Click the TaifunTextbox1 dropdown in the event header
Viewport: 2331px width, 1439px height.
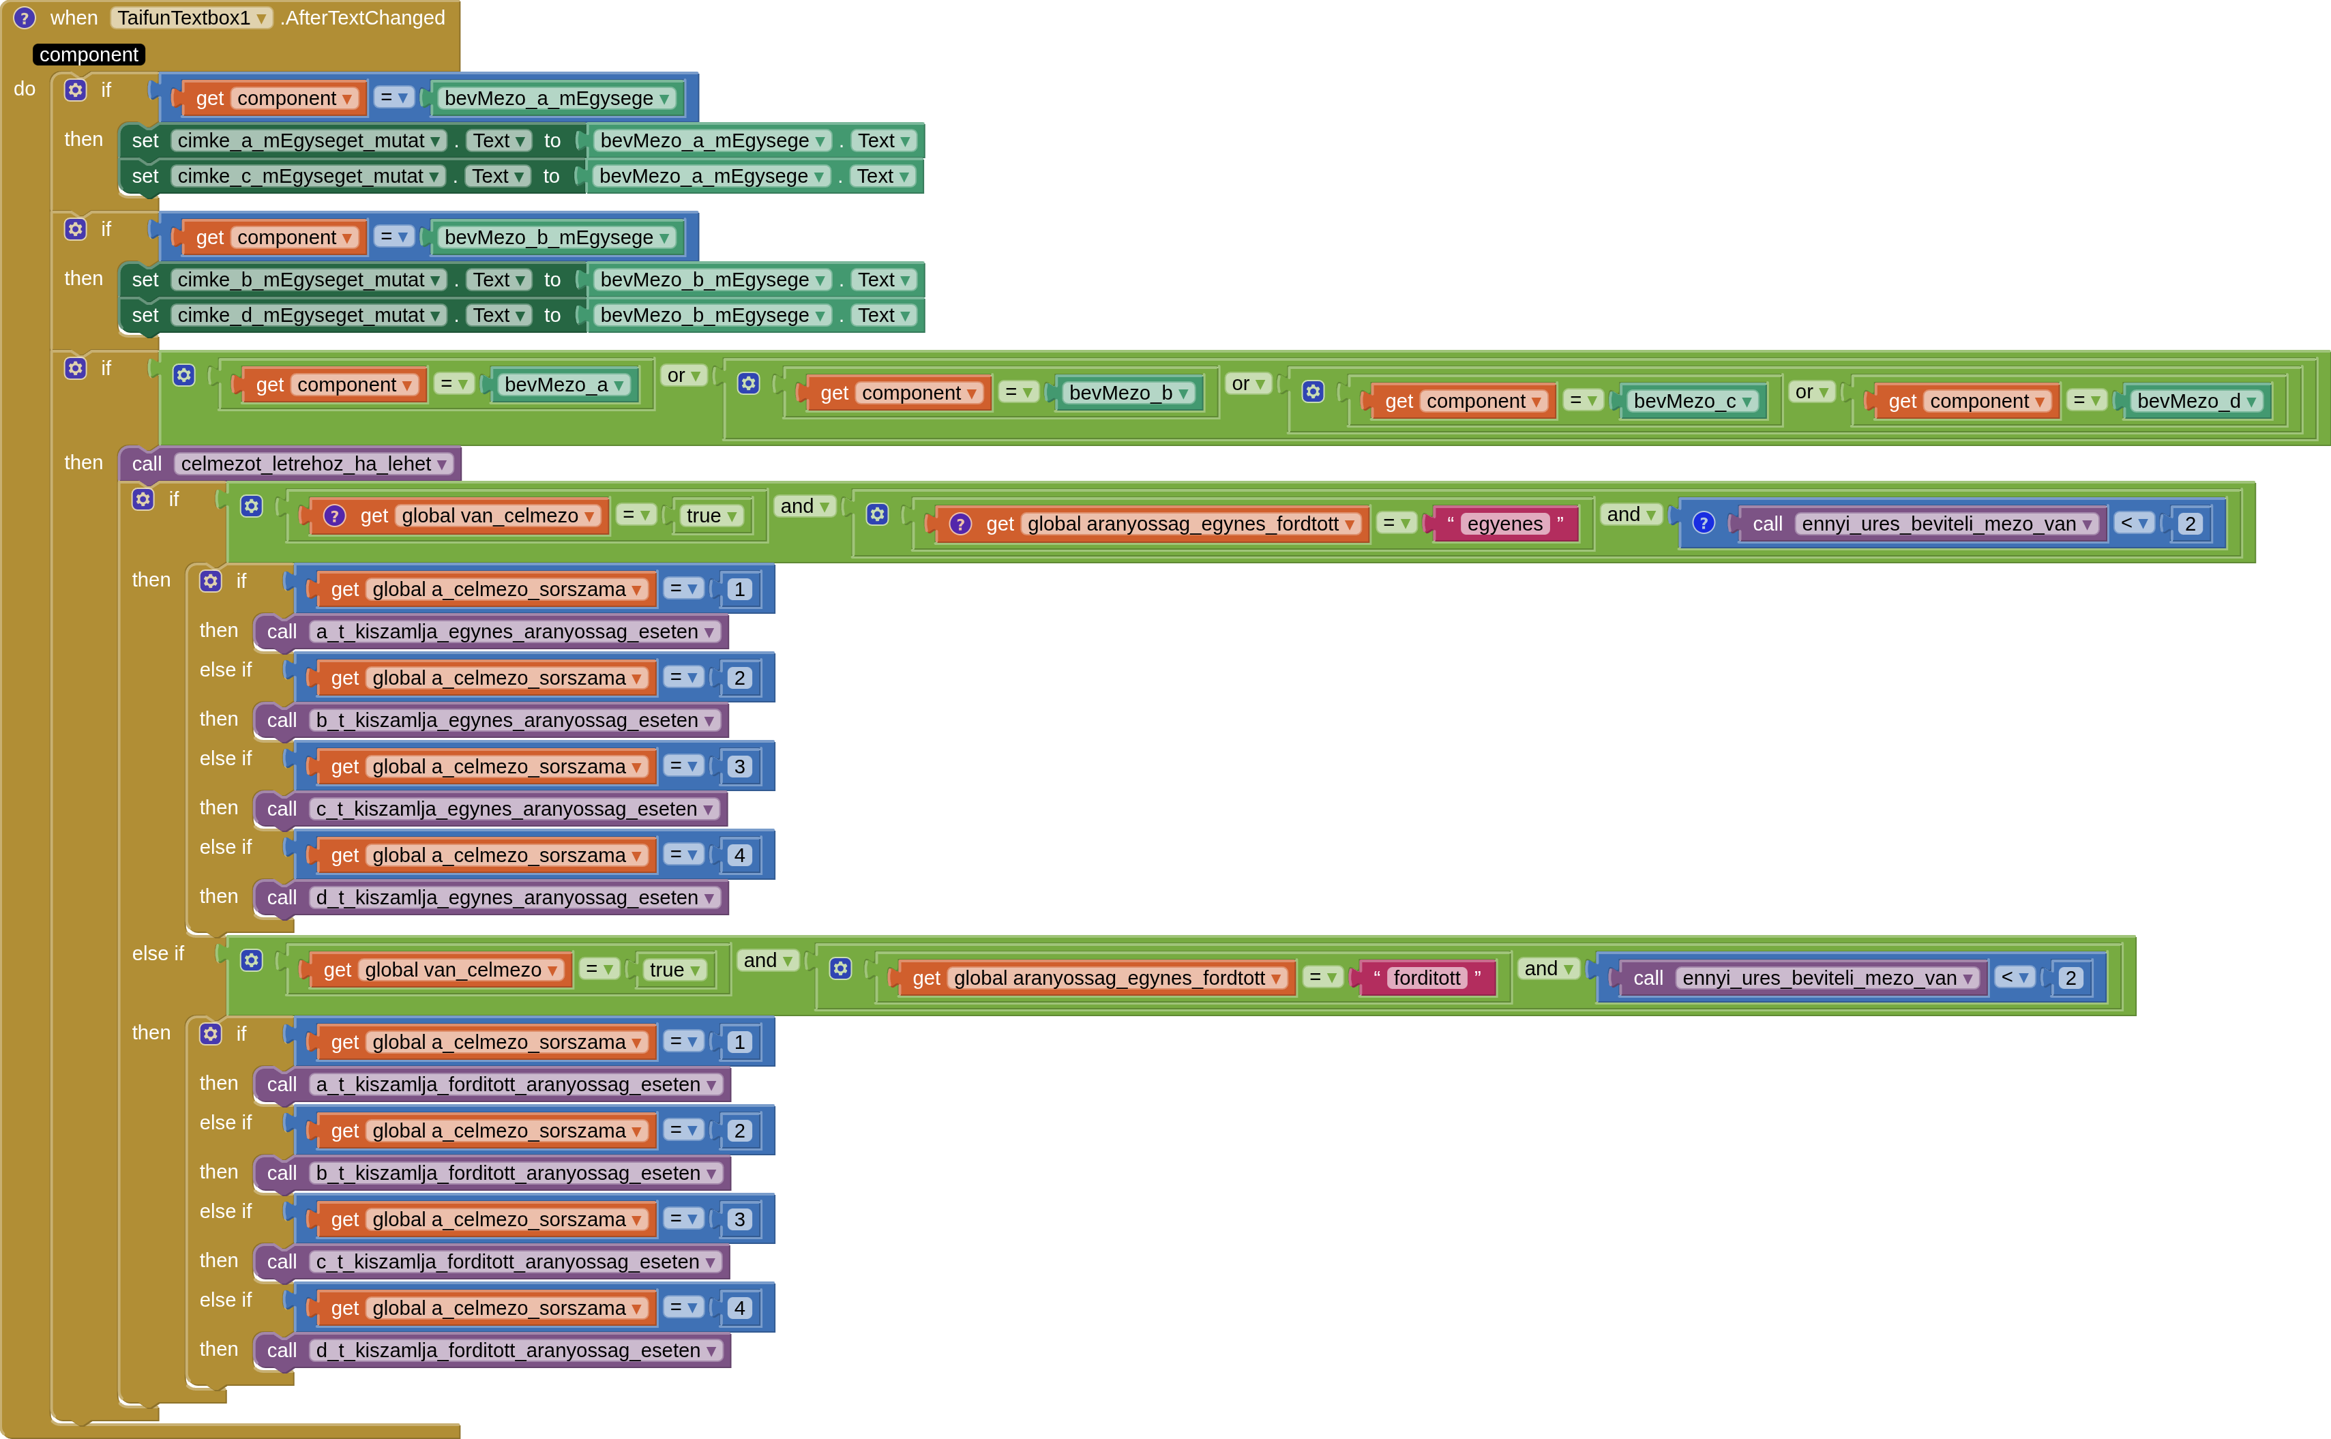click(x=191, y=18)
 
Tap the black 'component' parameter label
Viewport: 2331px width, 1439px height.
click(x=89, y=55)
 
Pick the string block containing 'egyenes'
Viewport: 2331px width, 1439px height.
click(x=1504, y=524)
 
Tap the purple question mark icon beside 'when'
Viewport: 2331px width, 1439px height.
click(x=24, y=18)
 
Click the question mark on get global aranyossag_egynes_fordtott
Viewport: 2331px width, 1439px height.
click(x=960, y=524)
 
